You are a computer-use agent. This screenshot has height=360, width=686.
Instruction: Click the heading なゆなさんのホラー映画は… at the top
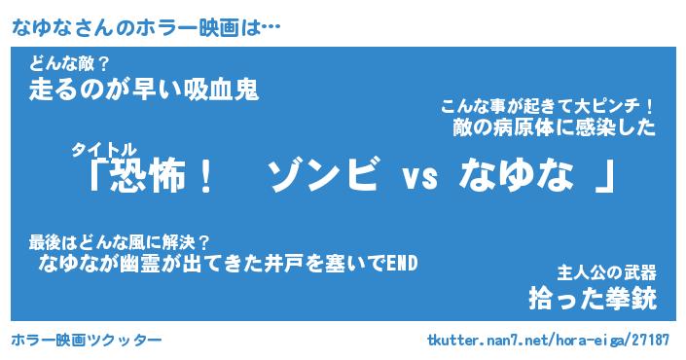point(146,28)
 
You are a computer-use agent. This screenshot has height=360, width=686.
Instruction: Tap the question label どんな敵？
point(69,64)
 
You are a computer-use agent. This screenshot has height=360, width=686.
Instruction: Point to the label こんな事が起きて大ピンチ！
point(548,106)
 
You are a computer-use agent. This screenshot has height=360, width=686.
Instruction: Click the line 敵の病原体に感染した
point(555,127)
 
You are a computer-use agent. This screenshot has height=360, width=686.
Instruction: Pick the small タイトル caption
point(104,150)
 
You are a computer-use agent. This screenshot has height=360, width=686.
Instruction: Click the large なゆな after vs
point(517,175)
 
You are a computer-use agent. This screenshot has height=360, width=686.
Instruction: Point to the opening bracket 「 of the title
point(98,174)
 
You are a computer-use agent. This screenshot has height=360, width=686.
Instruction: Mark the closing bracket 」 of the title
point(605,176)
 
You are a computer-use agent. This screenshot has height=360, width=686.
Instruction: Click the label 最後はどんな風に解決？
point(120,242)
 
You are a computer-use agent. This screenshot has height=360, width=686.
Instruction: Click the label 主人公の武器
point(607,273)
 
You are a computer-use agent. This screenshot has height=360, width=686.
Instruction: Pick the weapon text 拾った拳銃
point(593,299)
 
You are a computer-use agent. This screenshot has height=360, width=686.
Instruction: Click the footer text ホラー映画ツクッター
point(87,340)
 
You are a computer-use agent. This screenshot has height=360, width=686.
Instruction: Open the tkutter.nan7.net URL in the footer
point(548,340)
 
